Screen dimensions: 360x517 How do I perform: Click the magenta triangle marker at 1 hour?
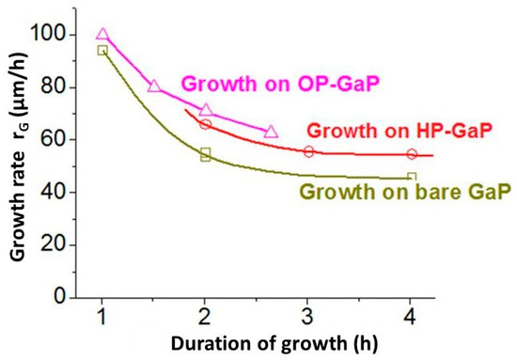point(102,35)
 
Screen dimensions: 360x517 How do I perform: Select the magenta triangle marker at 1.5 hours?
point(154,86)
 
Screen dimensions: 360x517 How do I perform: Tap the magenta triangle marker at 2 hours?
point(206,111)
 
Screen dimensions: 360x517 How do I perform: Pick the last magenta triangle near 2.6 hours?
point(272,133)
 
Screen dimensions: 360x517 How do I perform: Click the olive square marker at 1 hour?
point(102,50)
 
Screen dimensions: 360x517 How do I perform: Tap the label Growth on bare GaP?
point(404,193)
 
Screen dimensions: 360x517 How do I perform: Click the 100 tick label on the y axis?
point(59,35)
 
